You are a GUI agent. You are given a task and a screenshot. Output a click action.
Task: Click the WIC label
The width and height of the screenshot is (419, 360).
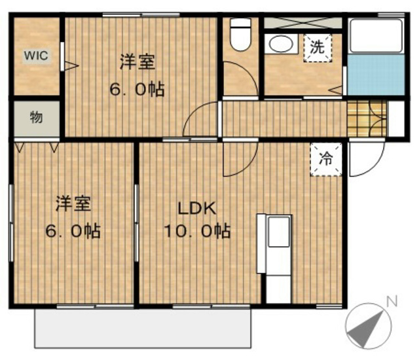37,56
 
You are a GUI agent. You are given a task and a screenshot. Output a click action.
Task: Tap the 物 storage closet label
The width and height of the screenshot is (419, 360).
37,117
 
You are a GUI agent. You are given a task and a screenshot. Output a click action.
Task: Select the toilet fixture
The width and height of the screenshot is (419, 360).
240,34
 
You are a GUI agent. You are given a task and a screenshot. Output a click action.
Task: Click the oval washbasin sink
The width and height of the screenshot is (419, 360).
281,44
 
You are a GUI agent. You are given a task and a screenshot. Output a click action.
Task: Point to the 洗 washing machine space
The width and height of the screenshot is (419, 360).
318,48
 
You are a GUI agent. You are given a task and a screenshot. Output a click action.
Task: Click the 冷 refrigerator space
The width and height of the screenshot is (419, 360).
326,160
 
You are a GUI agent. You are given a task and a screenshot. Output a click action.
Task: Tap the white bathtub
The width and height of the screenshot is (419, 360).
376,36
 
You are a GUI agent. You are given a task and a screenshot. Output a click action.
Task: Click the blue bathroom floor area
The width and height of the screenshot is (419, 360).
376,75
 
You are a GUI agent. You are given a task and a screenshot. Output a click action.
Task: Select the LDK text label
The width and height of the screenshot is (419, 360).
197,209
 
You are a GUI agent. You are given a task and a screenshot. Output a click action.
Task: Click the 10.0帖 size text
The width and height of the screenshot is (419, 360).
197,231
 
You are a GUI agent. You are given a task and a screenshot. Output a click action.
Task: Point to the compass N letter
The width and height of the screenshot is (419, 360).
392,301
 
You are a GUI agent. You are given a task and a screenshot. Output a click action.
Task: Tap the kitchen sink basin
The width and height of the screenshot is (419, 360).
279,232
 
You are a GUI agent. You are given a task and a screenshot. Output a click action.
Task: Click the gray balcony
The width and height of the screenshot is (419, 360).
143,329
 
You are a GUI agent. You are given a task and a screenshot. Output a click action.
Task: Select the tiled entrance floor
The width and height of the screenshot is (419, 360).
367,118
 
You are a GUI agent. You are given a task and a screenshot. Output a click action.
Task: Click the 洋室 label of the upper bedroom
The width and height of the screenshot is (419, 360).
137,62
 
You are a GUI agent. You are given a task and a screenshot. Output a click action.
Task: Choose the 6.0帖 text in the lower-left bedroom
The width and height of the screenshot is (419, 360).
73,231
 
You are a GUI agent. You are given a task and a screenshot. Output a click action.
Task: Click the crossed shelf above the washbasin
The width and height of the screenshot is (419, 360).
303,23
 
